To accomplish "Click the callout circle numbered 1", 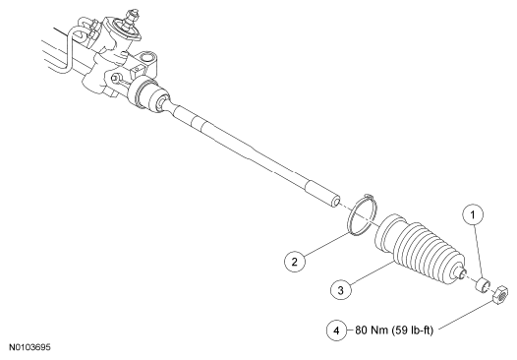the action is tap(473, 215).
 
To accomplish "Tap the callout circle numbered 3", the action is tap(341, 290).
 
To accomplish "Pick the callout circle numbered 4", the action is tap(337, 330).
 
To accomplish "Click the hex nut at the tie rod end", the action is tap(500, 295).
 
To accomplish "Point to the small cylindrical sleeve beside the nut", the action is tap(483, 285).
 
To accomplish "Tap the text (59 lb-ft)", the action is tap(413, 330).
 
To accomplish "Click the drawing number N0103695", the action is tap(29, 347).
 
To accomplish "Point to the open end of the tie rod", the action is tap(336, 202).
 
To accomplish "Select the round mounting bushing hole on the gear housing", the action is tap(146, 58).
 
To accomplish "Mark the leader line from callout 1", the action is tap(479, 253).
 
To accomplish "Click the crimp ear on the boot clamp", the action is tap(370, 197).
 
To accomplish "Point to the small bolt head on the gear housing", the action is tap(115, 79).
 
